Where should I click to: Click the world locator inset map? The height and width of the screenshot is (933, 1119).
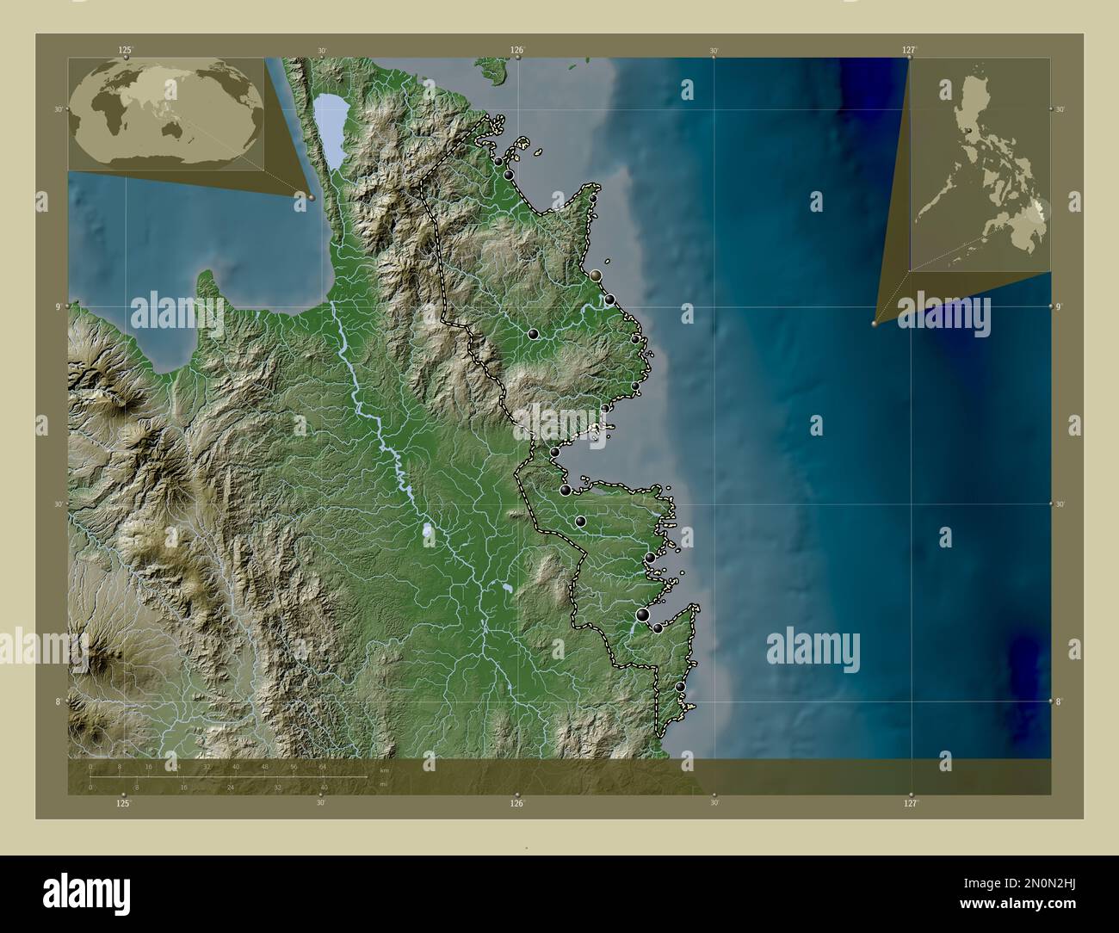[x=166, y=113]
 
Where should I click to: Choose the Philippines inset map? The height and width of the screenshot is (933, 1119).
[x=980, y=164]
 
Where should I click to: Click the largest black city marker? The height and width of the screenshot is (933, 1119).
[x=643, y=614]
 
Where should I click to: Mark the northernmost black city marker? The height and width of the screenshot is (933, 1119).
[x=498, y=161]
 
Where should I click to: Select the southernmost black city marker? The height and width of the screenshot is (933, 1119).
[x=681, y=687]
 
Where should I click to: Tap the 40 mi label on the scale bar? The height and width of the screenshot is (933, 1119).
[x=324, y=787]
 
